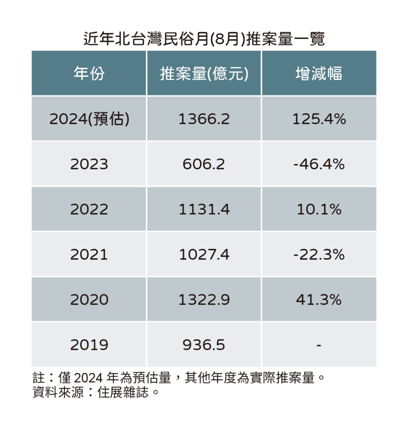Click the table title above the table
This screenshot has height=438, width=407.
[203, 39]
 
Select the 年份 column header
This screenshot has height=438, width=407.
[89, 74]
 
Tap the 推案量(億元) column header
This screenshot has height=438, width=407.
[204, 74]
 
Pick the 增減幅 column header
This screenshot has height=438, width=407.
[319, 74]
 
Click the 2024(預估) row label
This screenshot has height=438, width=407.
[89, 119]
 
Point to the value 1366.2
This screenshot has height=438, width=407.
[204, 119]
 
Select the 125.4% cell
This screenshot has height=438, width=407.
[319, 119]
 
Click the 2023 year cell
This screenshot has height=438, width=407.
[89, 164]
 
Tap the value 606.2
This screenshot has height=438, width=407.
[204, 164]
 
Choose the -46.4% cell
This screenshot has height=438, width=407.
[319, 164]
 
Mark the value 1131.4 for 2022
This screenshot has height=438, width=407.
[204, 210]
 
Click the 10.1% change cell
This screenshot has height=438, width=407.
[319, 210]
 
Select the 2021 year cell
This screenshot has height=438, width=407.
[89, 255]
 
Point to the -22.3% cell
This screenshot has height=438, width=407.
[319, 255]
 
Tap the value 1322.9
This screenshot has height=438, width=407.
[204, 300]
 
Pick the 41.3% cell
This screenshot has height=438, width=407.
[319, 300]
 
